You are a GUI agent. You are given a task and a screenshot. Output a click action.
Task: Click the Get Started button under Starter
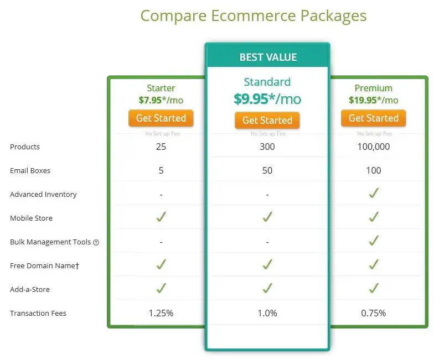click(161, 118)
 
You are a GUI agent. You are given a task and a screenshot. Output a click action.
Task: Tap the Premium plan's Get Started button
click(373, 118)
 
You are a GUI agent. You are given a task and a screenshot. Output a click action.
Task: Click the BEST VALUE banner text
click(268, 58)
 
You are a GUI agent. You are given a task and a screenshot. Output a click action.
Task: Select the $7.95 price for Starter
click(150, 100)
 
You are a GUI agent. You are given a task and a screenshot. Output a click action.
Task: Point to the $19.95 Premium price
click(363, 100)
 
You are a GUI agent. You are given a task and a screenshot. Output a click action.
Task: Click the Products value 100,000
click(373, 147)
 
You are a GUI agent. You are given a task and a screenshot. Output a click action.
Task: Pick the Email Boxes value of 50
click(267, 170)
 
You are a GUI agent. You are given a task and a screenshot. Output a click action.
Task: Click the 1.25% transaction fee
click(161, 313)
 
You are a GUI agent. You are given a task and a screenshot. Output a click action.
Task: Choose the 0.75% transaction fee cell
click(373, 313)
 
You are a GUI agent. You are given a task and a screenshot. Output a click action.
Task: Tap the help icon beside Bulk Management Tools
click(96, 242)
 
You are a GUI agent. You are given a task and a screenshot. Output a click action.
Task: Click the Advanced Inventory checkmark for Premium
click(374, 193)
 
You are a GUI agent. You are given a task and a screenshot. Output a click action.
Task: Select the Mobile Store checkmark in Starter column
click(161, 217)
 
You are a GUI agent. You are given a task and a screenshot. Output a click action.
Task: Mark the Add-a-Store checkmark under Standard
click(267, 288)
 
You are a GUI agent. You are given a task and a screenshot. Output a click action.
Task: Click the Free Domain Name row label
click(44, 265)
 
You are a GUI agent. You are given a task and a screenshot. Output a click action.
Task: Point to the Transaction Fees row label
click(38, 313)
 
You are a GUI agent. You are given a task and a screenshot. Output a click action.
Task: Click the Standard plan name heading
click(267, 82)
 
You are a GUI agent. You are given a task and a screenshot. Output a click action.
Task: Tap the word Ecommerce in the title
click(254, 15)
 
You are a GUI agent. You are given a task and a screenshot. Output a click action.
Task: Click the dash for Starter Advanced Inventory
click(161, 195)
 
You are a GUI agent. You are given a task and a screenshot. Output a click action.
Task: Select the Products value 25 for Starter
click(161, 147)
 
